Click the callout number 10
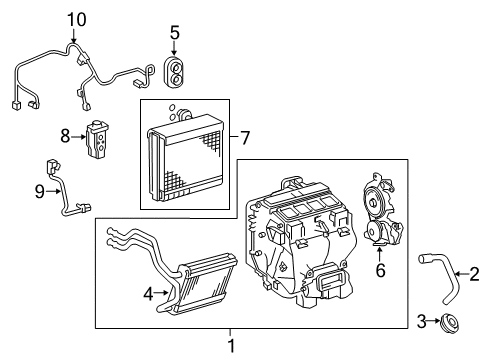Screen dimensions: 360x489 coord(77,18)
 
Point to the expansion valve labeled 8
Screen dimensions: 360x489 coord(99,138)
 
